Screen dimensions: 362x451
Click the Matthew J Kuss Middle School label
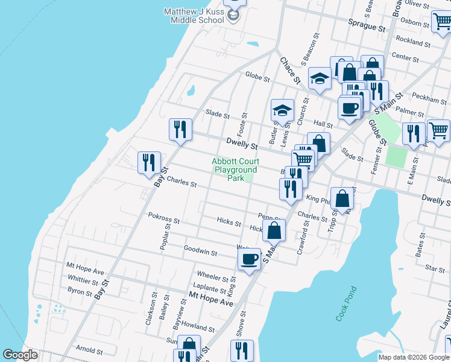(194, 16)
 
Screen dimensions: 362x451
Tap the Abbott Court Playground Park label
(236, 170)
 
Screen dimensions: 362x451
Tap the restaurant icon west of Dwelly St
(180, 130)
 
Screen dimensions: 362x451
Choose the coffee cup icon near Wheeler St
(250, 259)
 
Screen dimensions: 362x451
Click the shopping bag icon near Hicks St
(274, 230)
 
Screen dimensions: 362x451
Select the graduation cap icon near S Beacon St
(320, 78)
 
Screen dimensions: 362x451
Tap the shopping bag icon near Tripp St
(342, 198)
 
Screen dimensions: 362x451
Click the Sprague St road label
(367, 28)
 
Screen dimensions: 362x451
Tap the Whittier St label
(83, 281)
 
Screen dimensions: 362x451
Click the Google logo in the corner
(20, 355)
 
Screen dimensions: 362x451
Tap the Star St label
(435, 267)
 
